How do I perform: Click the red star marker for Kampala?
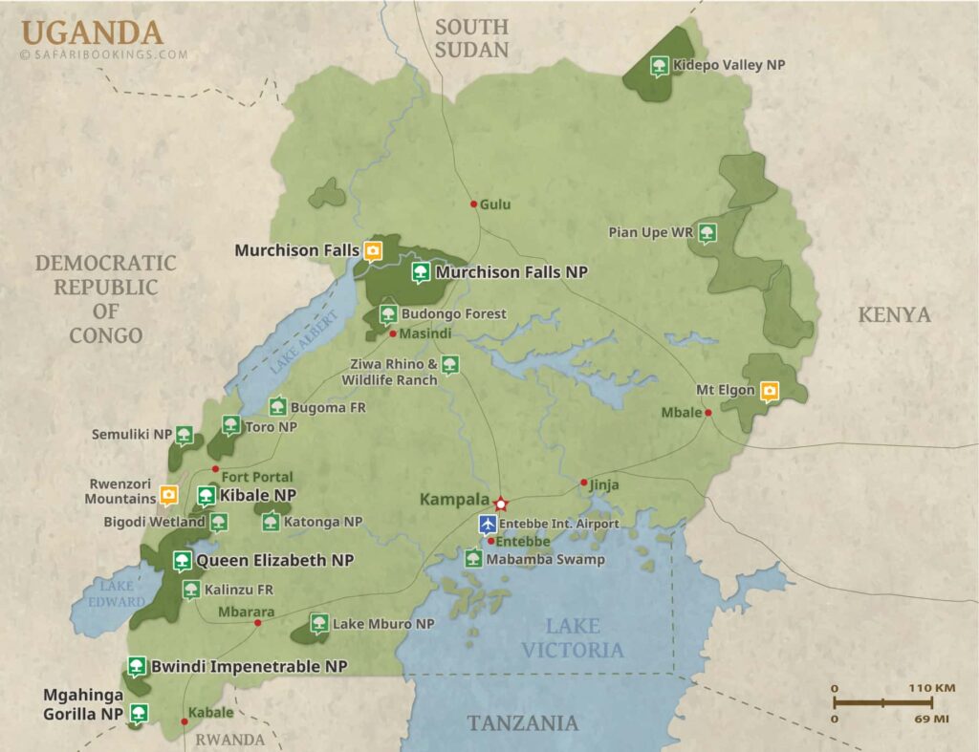tap(500, 503)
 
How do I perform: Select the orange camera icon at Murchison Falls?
tap(373, 251)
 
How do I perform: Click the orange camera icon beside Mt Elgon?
tap(770, 390)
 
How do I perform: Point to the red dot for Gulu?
tap(473, 204)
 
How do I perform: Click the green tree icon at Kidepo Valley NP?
tap(658, 66)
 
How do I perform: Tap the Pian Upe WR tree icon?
tap(707, 232)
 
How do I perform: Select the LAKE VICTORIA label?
tap(572, 638)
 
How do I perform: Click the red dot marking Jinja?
tap(583, 482)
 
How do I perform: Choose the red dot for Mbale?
tap(708, 413)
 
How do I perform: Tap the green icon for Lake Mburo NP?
tap(319, 624)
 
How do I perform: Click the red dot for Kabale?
tap(185, 721)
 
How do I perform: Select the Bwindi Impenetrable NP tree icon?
tap(137, 666)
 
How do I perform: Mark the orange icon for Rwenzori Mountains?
tap(169, 494)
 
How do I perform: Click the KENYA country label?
tap(894, 314)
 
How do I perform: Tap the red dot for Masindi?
tap(393, 333)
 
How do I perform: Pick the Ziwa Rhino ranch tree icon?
tap(450, 364)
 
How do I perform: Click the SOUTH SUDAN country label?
tap(471, 38)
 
